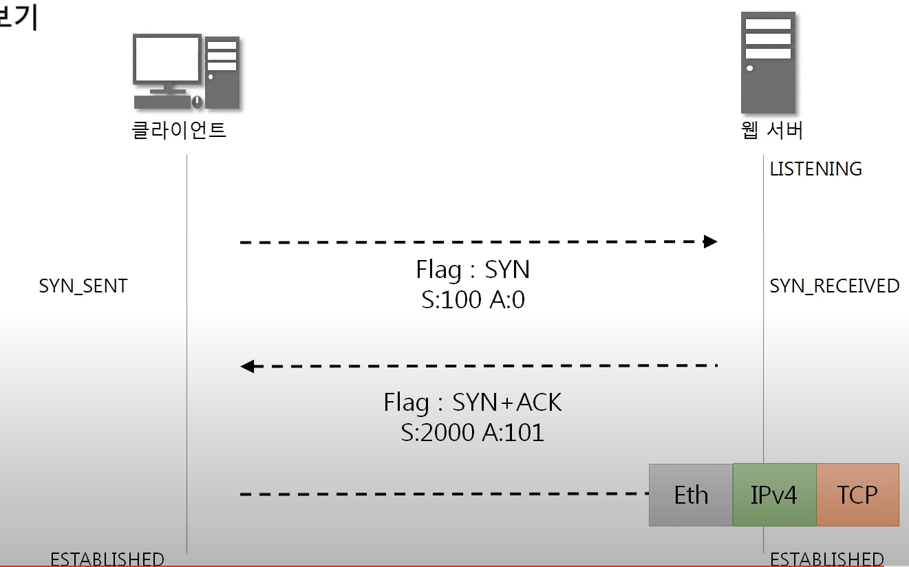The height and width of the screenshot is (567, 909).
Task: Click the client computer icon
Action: (186, 72)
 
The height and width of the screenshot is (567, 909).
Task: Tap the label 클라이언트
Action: (179, 130)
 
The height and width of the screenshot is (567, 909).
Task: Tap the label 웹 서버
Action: (772, 130)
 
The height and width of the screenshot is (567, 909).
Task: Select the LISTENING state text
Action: (815, 169)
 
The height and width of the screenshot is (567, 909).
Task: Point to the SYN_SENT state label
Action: (83, 286)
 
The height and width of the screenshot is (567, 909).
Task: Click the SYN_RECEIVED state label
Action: (834, 286)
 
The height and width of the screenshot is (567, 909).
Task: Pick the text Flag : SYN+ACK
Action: (473, 403)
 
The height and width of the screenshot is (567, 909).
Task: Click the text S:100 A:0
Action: (473, 300)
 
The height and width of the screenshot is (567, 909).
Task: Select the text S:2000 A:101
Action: (473, 432)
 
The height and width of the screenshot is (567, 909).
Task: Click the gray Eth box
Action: (691, 495)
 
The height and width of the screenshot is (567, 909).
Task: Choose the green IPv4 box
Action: (774, 495)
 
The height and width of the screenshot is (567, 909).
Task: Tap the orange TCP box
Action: (857, 495)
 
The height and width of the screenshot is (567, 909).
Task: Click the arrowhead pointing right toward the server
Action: (710, 242)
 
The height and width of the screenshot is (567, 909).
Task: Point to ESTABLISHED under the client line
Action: (107, 559)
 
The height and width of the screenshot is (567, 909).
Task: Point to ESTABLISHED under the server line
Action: (826, 559)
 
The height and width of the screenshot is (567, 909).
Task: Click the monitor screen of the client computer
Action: (167, 58)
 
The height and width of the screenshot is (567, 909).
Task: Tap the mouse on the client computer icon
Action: (197, 102)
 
